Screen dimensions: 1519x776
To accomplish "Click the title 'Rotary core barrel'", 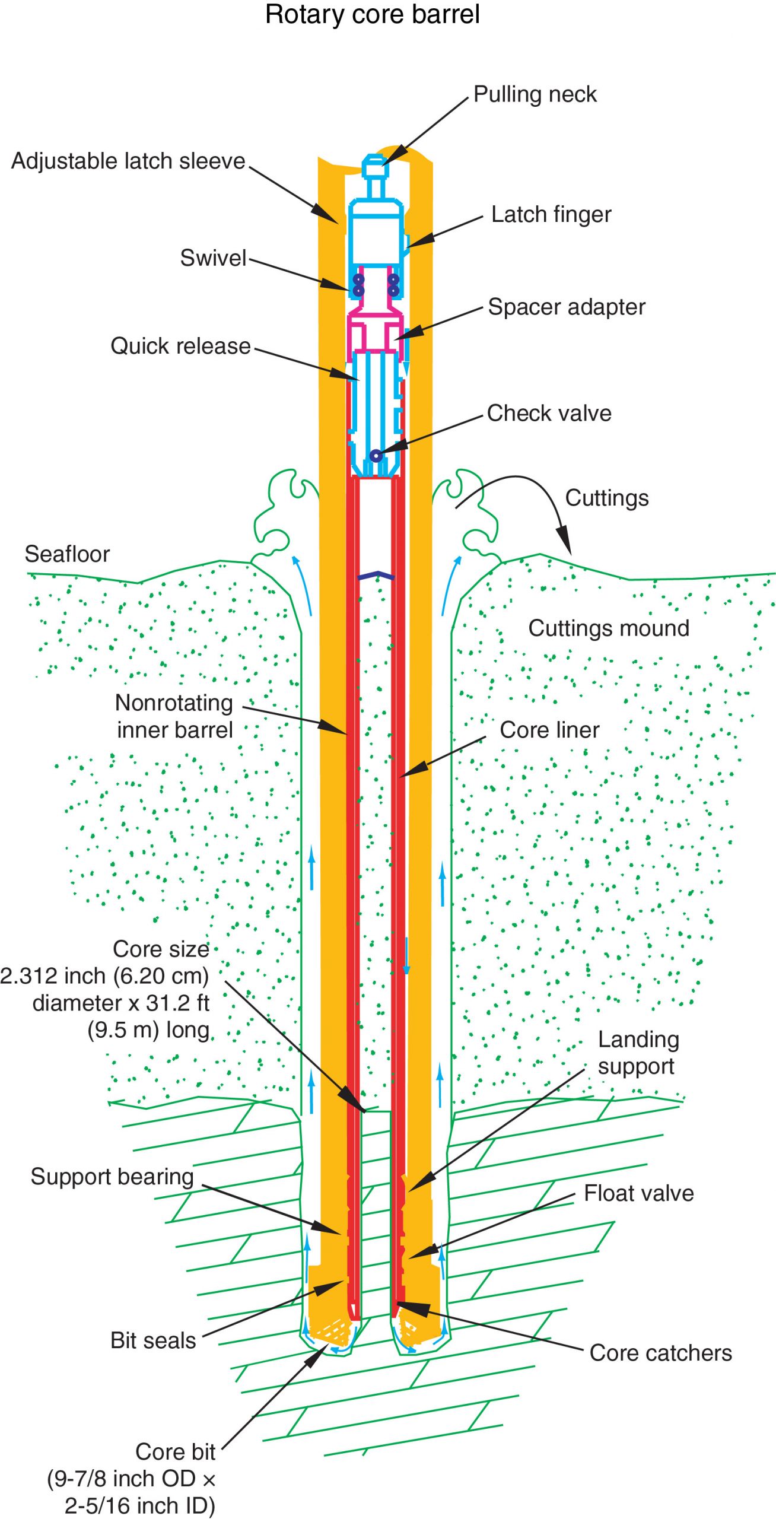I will (372, 14).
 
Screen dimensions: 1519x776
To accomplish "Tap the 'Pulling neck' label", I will (535, 94).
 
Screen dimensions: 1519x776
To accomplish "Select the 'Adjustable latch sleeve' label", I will (128, 161).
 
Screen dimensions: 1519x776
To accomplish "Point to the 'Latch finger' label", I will (551, 215).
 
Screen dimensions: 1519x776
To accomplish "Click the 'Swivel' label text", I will (213, 258).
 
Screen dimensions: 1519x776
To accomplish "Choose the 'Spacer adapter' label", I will (566, 307).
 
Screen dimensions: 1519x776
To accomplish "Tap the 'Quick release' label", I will (180, 347).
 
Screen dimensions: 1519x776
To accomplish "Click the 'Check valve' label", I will (549, 414).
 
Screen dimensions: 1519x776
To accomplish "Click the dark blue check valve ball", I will (375, 456).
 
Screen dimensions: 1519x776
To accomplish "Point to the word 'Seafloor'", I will (67, 554).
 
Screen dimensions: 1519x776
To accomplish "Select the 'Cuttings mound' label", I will (608, 628).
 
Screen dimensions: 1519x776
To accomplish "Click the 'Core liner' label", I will (549, 730).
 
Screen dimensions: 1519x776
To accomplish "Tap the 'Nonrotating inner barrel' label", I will (174, 716).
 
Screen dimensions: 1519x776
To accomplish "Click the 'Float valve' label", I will (638, 1193).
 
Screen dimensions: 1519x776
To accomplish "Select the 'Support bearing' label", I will (112, 1177).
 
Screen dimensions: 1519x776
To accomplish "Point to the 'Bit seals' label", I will (153, 1340).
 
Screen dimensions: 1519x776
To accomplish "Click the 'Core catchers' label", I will (660, 1353).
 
